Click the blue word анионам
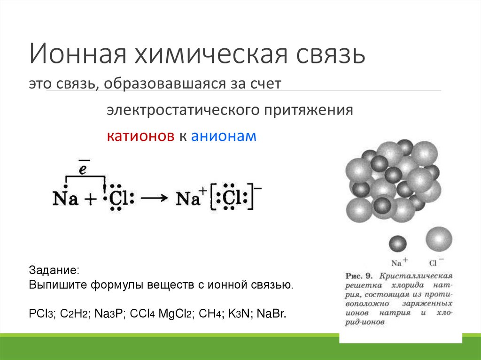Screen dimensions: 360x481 tap(224, 136)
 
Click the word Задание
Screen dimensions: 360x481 tap(54, 271)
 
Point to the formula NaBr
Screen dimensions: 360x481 tap(271, 313)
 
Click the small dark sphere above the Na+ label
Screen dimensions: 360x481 tap(397, 244)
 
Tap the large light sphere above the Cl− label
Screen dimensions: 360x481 tap(439, 239)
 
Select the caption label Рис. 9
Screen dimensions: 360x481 tap(359, 275)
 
